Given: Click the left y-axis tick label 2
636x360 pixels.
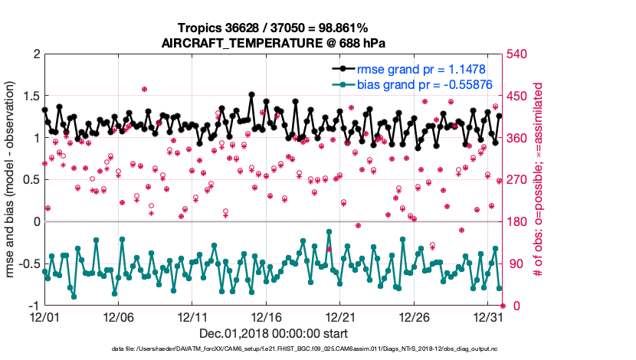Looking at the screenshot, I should point(34,54).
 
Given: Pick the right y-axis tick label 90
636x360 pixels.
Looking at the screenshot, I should point(513,264).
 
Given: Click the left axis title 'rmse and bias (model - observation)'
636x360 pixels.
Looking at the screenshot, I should point(11,180).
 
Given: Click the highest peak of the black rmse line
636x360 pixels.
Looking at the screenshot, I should point(252,94).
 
